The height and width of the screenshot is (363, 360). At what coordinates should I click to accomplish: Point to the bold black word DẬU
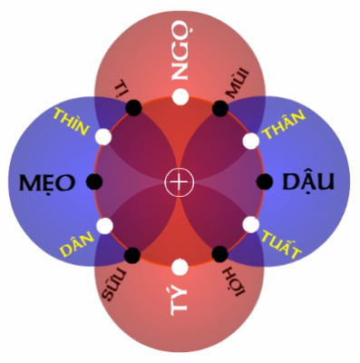coord(307,181)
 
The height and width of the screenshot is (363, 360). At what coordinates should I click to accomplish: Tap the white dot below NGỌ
coord(180,96)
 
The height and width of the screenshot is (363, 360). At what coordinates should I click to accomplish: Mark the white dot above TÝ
coord(180,267)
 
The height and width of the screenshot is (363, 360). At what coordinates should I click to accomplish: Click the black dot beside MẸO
coord(94,181)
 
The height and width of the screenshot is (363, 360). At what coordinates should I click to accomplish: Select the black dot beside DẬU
coord(265,181)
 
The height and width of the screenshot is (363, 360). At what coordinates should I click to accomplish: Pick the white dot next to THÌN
coord(102,139)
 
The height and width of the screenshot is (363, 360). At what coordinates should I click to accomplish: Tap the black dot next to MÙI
coord(219,108)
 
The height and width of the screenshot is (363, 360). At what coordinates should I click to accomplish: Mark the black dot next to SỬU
coord(133,255)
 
